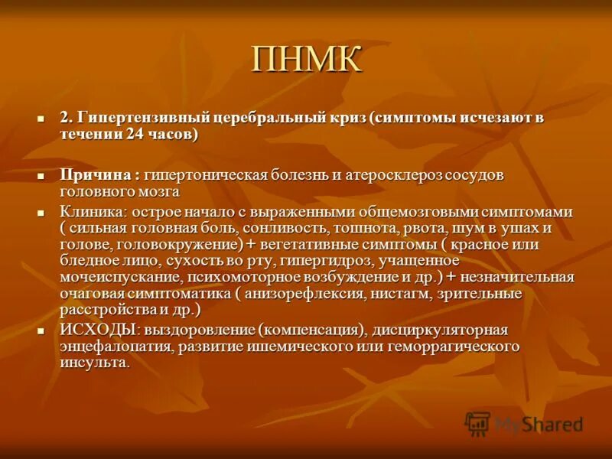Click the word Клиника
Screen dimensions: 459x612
86,212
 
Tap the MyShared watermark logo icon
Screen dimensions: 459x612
477,423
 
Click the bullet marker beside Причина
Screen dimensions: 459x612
42,176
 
